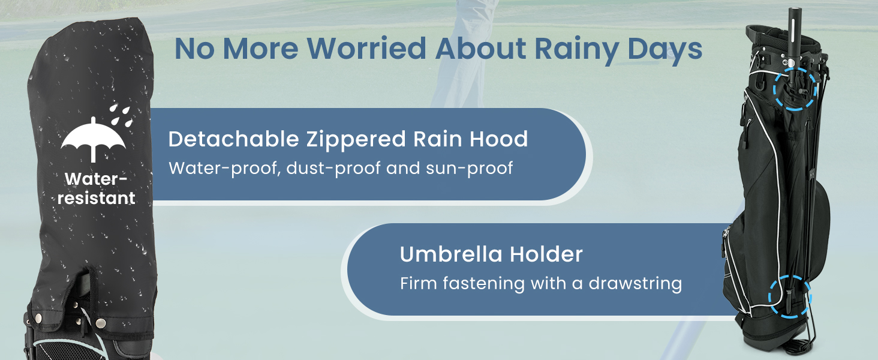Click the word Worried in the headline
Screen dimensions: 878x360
click(367, 49)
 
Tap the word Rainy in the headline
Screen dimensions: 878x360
click(576, 51)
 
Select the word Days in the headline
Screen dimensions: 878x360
click(664, 51)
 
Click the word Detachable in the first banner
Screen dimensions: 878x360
click(234, 139)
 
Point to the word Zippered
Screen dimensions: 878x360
click(356, 140)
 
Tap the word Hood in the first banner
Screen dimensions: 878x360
click(498, 139)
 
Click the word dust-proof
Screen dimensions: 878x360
click(333, 169)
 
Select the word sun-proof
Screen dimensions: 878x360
click(469, 169)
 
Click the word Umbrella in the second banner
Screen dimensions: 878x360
click(451, 254)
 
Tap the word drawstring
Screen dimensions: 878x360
click(635, 284)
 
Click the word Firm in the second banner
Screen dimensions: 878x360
click(418, 283)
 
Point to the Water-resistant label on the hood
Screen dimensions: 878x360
click(97, 188)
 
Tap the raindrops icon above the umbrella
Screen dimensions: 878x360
click(121, 115)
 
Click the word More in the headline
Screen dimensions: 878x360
click(260, 49)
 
